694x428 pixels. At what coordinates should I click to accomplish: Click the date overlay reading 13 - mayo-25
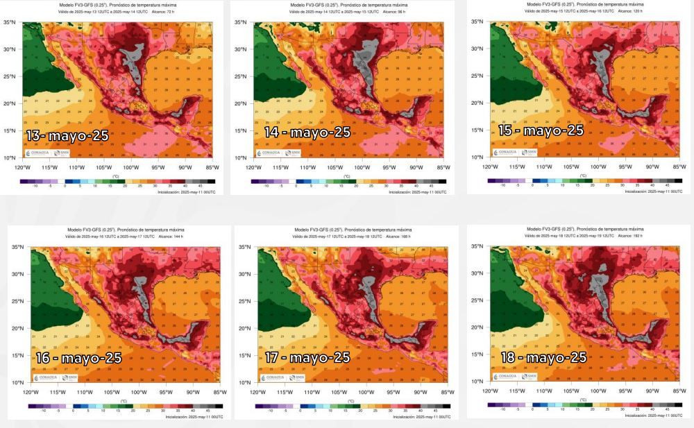pyautogui.click(x=67, y=135)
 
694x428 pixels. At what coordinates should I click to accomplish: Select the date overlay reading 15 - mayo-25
pyautogui.click(x=541, y=130)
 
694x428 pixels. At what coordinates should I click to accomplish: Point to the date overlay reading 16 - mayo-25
pyautogui.click(x=78, y=358)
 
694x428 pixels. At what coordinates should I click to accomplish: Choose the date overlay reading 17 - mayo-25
pyautogui.click(x=307, y=357)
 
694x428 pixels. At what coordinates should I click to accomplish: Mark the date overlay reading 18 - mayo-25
pyautogui.click(x=543, y=357)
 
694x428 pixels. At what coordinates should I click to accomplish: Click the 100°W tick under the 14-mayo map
pyautogui.click(x=362, y=167)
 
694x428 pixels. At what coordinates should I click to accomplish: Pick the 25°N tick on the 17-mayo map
pyautogui.click(x=246, y=301)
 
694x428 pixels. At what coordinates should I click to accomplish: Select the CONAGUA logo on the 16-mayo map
pyautogui.click(x=44, y=378)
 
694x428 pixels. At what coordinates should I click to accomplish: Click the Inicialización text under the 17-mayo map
pyautogui.click(x=420, y=417)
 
